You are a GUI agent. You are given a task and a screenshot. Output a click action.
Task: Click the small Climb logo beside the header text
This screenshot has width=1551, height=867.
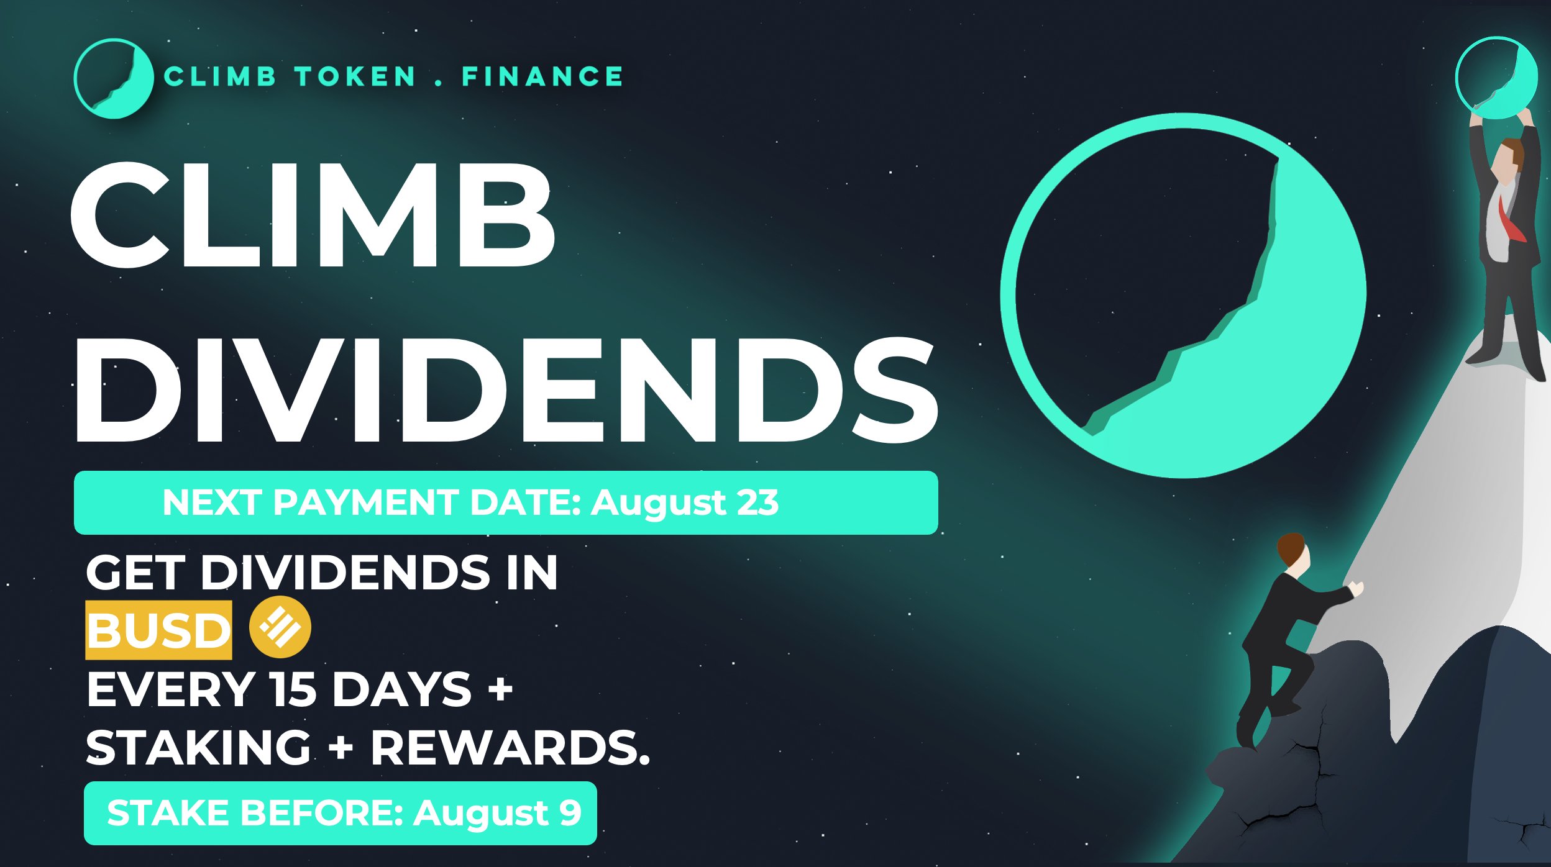(113, 79)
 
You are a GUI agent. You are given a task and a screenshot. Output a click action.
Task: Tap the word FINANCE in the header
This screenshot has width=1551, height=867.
(542, 77)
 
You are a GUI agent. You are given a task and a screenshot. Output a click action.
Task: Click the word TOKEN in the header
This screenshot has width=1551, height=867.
(355, 77)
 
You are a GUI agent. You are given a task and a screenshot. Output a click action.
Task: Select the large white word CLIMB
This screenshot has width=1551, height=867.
(313, 215)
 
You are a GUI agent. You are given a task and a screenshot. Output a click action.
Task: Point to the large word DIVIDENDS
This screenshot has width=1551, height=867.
(506, 390)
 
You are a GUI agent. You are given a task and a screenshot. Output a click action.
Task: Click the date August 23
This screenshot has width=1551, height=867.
(684, 503)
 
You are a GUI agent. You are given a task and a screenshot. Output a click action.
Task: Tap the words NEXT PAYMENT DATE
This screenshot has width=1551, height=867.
(372, 502)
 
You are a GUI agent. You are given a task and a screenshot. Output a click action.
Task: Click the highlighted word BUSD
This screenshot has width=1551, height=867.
(159, 630)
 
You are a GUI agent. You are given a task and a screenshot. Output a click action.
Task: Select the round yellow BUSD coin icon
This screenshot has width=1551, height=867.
(280, 627)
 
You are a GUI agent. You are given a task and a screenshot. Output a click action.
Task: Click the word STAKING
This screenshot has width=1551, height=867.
(198, 747)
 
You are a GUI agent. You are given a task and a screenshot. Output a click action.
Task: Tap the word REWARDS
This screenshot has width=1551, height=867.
(510, 747)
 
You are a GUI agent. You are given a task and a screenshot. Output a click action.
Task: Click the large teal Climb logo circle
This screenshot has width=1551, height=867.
(1183, 296)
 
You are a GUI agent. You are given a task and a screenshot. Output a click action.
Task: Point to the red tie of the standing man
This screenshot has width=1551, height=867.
(1511, 220)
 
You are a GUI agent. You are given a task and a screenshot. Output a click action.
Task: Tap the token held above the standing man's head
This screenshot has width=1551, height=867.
(1496, 78)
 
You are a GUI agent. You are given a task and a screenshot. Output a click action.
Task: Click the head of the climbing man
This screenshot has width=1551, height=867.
(1293, 551)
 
